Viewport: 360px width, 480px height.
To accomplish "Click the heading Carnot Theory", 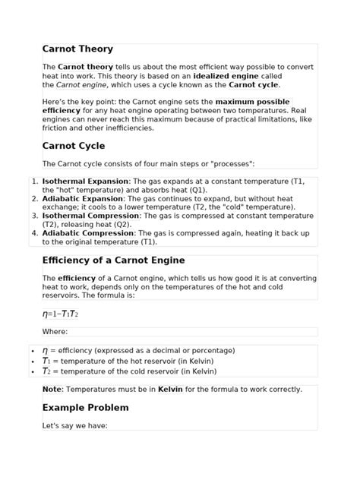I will click(x=77, y=49).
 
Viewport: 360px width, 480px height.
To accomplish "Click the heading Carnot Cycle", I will click(x=74, y=145).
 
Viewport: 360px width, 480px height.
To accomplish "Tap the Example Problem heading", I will click(x=86, y=407).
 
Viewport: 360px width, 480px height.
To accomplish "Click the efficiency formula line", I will click(x=60, y=314).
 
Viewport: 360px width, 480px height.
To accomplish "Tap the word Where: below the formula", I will click(x=55, y=331).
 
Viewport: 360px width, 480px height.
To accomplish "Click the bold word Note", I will click(x=52, y=390).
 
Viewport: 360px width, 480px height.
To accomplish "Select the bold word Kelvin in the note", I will click(x=170, y=390).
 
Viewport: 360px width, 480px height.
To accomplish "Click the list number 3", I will click(x=34, y=216).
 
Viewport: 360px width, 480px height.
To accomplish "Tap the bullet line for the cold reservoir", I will click(x=129, y=371).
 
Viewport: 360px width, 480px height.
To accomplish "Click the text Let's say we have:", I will click(x=75, y=425).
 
